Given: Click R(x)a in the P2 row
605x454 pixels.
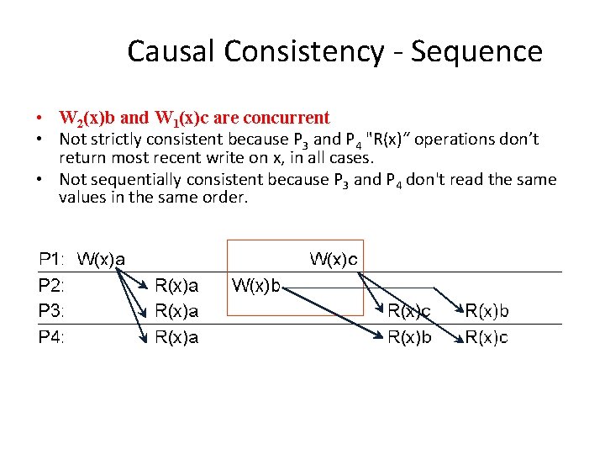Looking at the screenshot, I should [x=177, y=286].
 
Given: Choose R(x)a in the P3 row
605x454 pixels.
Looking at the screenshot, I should [x=177, y=311].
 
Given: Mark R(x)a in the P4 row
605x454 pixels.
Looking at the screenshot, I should [x=177, y=337].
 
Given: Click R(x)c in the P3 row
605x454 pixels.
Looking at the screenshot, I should [x=408, y=311].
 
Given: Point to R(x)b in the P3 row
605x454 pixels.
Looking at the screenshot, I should [x=487, y=311].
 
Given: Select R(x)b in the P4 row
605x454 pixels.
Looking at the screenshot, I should [x=408, y=337].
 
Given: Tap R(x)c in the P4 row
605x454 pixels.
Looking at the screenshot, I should [x=487, y=337].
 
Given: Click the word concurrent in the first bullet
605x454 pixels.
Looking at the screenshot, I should [x=287, y=118].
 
